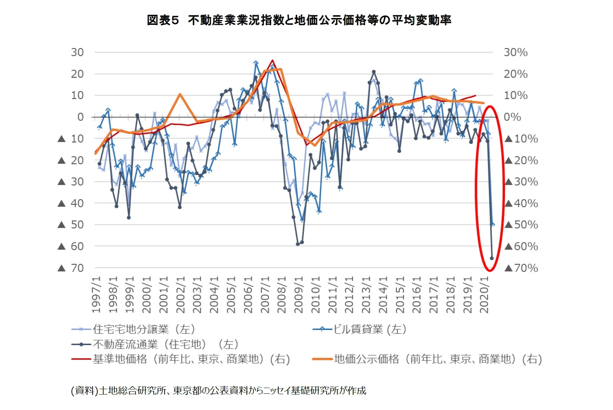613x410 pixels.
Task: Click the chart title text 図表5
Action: tap(163, 20)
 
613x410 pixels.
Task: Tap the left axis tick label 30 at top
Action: tap(77, 52)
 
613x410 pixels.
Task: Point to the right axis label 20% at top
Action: tap(515, 74)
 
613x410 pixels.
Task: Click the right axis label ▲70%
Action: tap(522, 268)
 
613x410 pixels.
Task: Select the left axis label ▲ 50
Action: tap(71, 224)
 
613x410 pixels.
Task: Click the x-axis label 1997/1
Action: tap(96, 295)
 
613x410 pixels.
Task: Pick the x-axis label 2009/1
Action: tap(299, 295)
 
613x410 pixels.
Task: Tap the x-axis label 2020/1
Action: tap(484, 295)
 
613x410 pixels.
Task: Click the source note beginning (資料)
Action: tap(218, 390)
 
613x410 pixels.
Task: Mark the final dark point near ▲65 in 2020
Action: tap(492, 258)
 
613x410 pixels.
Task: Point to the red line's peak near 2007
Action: tap(272, 61)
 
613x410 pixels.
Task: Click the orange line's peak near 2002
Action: tap(180, 94)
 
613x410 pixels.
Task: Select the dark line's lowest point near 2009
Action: tap(298, 244)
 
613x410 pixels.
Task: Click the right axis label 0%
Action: tap(512, 117)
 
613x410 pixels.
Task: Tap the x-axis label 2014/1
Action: tap(383, 295)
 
